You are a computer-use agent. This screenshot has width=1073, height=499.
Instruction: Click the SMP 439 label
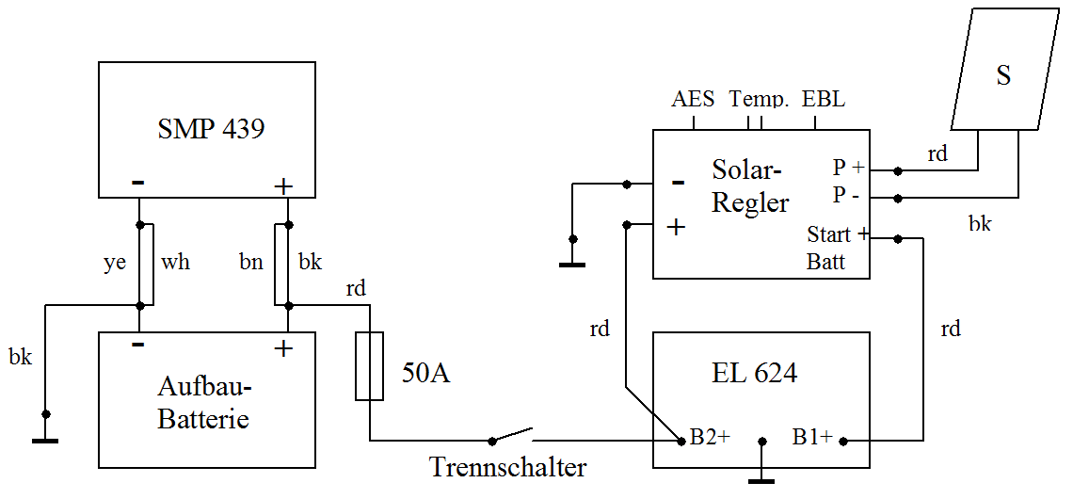[211, 129]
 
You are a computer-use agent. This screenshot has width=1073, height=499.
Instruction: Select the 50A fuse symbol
[370, 366]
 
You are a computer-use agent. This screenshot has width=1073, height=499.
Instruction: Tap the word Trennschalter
[508, 467]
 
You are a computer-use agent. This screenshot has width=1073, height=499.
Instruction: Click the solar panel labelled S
[1003, 75]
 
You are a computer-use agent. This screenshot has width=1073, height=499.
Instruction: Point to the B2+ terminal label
[711, 438]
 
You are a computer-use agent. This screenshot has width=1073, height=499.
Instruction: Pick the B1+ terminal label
[812, 438]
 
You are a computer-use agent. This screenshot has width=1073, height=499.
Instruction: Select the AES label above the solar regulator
[694, 100]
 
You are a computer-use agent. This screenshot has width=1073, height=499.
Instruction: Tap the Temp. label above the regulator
[759, 100]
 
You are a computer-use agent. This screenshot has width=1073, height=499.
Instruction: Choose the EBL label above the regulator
[824, 100]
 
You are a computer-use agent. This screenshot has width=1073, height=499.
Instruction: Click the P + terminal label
[848, 169]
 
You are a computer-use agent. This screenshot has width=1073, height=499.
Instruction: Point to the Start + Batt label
[837, 248]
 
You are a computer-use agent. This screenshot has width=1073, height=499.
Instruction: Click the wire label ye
[113, 263]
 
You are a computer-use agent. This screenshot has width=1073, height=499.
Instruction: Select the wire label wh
[176, 263]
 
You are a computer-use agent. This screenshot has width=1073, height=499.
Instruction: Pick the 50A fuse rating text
[425, 374]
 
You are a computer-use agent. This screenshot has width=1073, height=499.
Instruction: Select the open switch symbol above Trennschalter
[512, 435]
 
